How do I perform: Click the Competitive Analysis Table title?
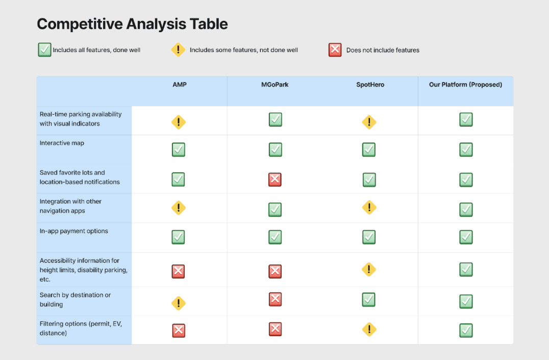pos(132,24)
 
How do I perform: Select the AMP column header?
pos(180,85)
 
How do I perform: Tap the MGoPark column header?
pos(275,85)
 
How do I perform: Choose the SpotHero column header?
pos(370,85)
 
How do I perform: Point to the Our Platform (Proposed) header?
pos(466,85)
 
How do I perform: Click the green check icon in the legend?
pos(44,49)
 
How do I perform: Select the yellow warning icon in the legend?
pos(178,49)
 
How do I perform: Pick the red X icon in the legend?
pos(335,49)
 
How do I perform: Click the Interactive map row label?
pos(62,143)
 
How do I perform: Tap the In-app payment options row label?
pos(74,231)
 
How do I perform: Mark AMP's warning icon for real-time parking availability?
pos(179,122)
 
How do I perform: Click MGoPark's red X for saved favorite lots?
pos(275,179)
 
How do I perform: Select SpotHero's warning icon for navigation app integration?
pos(369,207)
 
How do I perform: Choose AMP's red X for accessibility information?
pos(178,271)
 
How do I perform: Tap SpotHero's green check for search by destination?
pos(369,299)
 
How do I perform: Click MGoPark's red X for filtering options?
pos(275,329)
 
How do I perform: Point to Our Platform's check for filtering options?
pos(466,330)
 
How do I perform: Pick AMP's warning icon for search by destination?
pos(179,303)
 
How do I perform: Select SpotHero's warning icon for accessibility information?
pos(369,269)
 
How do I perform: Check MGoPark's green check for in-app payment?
pos(275,237)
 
